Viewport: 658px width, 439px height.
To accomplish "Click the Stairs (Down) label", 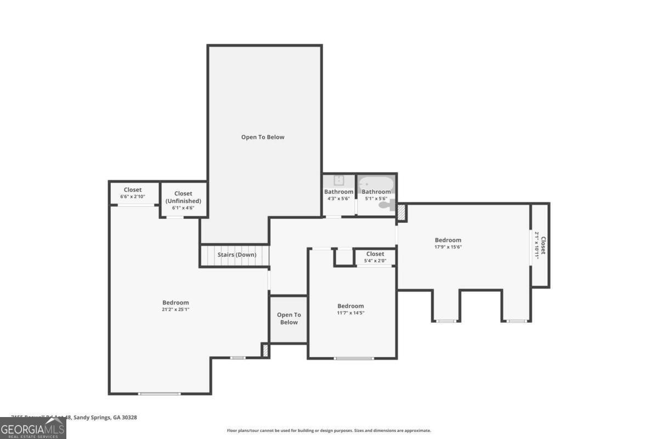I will [237, 255].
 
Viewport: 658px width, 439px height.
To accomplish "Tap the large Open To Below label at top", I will [263, 137].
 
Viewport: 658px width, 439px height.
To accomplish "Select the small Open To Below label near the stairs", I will [288, 318].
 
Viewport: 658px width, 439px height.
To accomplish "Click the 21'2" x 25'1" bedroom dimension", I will [175, 309].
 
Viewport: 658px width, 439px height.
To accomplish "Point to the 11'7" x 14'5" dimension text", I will [350, 313].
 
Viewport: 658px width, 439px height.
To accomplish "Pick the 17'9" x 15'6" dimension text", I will [448, 247].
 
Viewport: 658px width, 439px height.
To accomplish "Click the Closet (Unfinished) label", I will [183, 197].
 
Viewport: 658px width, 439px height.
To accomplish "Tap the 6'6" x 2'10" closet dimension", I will [133, 196].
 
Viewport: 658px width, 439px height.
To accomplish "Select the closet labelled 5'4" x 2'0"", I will [375, 261].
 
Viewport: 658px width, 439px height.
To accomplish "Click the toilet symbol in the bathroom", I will [387, 205].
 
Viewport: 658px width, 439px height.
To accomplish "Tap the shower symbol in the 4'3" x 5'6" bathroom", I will [339, 180].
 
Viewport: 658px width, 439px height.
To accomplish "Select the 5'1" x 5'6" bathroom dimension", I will [376, 199].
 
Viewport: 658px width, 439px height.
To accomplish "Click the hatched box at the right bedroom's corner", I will [401, 213].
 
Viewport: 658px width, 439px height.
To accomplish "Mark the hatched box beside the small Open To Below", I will [265, 350].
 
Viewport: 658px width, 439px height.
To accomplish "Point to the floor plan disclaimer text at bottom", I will [329, 431].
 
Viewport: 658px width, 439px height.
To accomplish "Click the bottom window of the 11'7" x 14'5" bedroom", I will [354, 358].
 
